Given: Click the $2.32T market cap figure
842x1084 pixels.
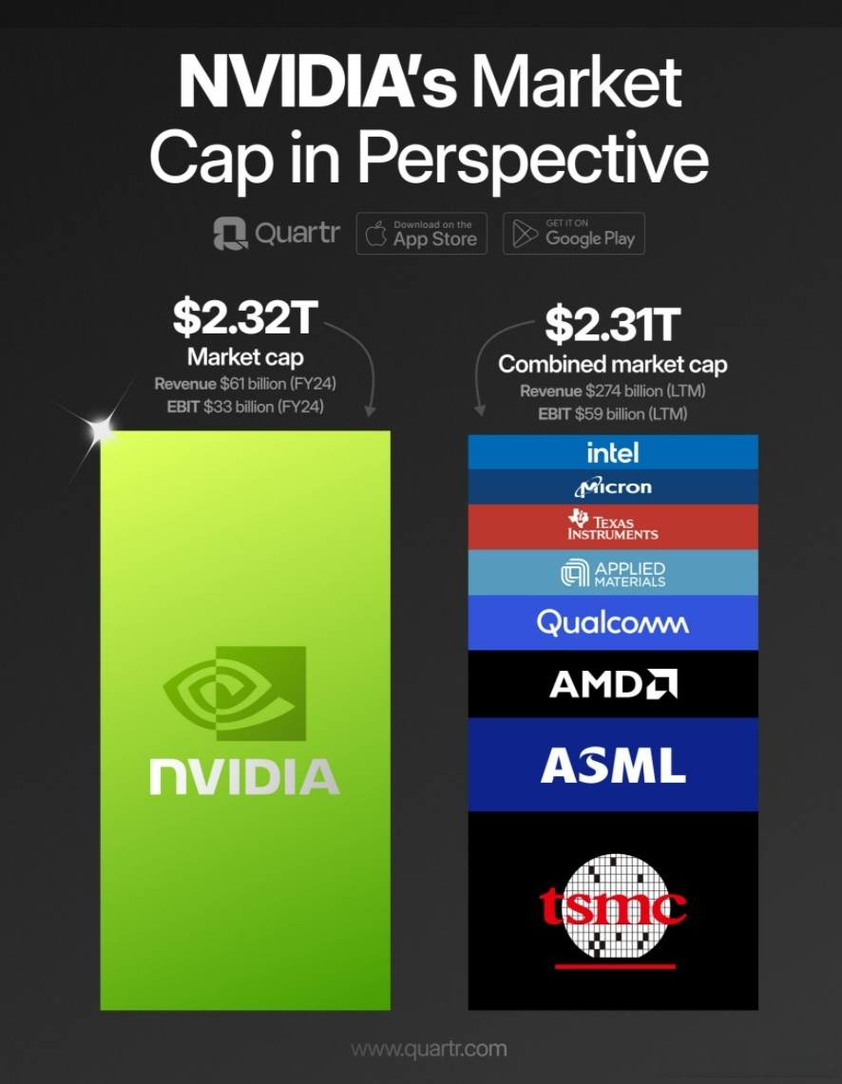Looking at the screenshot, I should point(243,318).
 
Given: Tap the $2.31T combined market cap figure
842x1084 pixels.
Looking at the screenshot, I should point(612,325).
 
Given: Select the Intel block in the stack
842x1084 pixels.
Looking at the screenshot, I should point(613,452).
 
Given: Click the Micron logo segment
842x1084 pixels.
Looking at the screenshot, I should point(613,487).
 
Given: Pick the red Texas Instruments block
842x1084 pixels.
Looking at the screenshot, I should point(613,526).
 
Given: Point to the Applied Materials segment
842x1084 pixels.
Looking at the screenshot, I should point(613,573).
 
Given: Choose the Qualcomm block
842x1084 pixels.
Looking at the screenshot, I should point(613,623).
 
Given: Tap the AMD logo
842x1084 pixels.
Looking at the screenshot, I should point(613,684).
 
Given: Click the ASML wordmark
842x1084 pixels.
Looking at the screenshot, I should point(613,765).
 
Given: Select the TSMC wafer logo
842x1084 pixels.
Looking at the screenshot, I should point(614,907).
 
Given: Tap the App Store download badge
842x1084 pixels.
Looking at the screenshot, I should point(422,234).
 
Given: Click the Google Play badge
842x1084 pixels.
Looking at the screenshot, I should point(574,234).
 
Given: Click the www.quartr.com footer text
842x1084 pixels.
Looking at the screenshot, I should point(429,1050).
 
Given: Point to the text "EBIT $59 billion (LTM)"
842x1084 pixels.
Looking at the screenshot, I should point(612,414).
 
